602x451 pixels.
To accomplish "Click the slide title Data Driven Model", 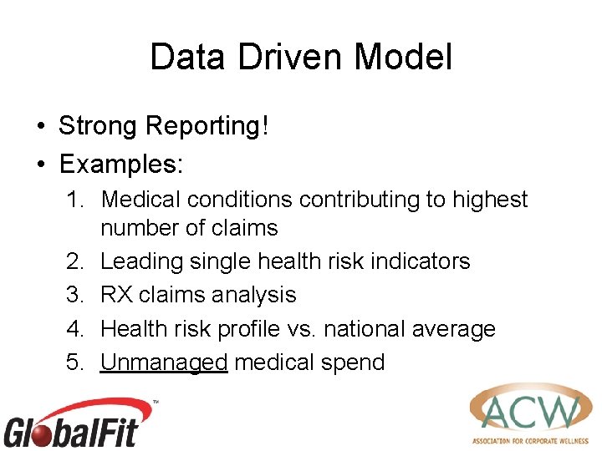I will pyautogui.click(x=301, y=58).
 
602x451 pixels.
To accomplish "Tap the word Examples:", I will pyautogui.click(x=120, y=164).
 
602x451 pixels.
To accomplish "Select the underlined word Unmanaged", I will pyautogui.click(x=164, y=362).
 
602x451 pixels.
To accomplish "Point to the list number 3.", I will pyautogui.click(x=75, y=295).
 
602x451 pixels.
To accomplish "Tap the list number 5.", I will pyautogui.click(x=75, y=362).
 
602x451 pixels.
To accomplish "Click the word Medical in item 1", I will pyautogui.click(x=140, y=200).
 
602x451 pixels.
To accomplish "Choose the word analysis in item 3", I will pyautogui.click(x=253, y=295).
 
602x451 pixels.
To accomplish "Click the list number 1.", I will pyautogui.click(x=75, y=200).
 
